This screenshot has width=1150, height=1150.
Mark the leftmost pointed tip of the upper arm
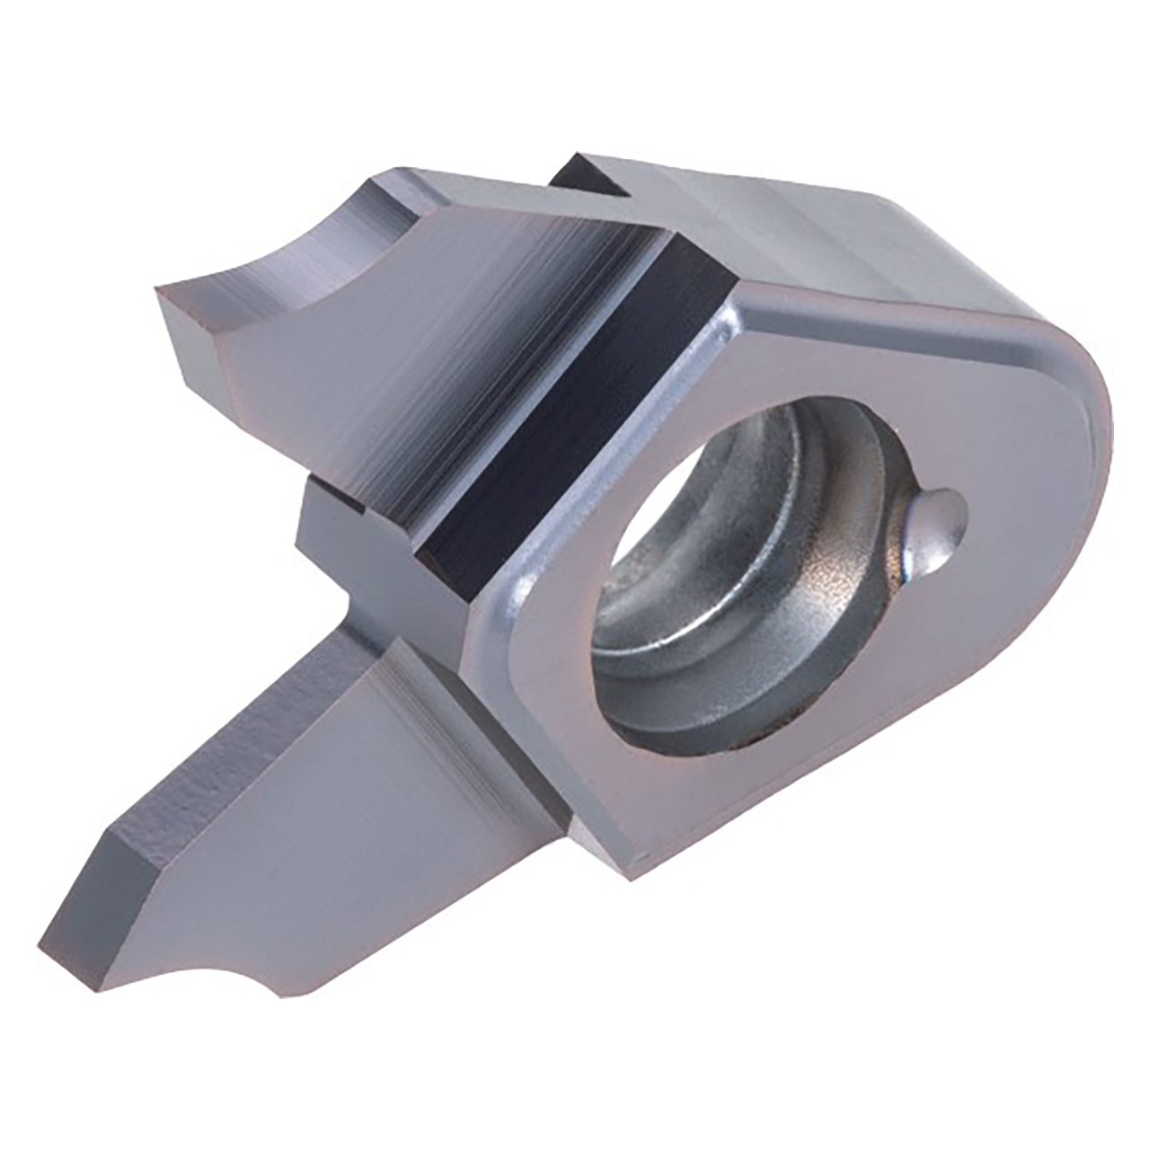[162, 292]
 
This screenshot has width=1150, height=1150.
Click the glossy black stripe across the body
[575, 404]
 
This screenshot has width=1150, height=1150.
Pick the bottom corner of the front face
[642, 867]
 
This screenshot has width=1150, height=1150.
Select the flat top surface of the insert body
[809, 234]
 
